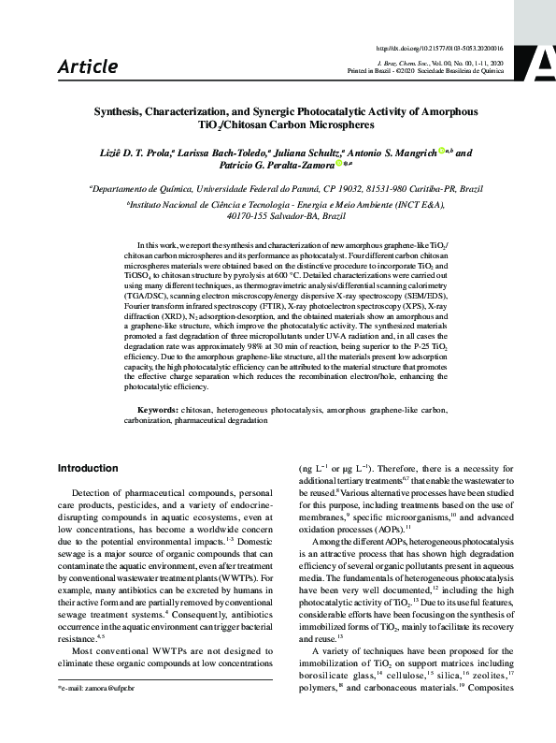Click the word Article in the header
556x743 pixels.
(88, 66)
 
